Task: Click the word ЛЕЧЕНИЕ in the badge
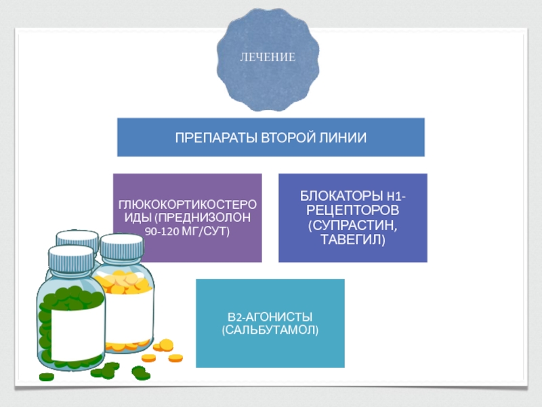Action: click(x=269, y=57)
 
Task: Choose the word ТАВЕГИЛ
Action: click(x=353, y=239)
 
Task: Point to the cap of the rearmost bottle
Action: click(x=77, y=237)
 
